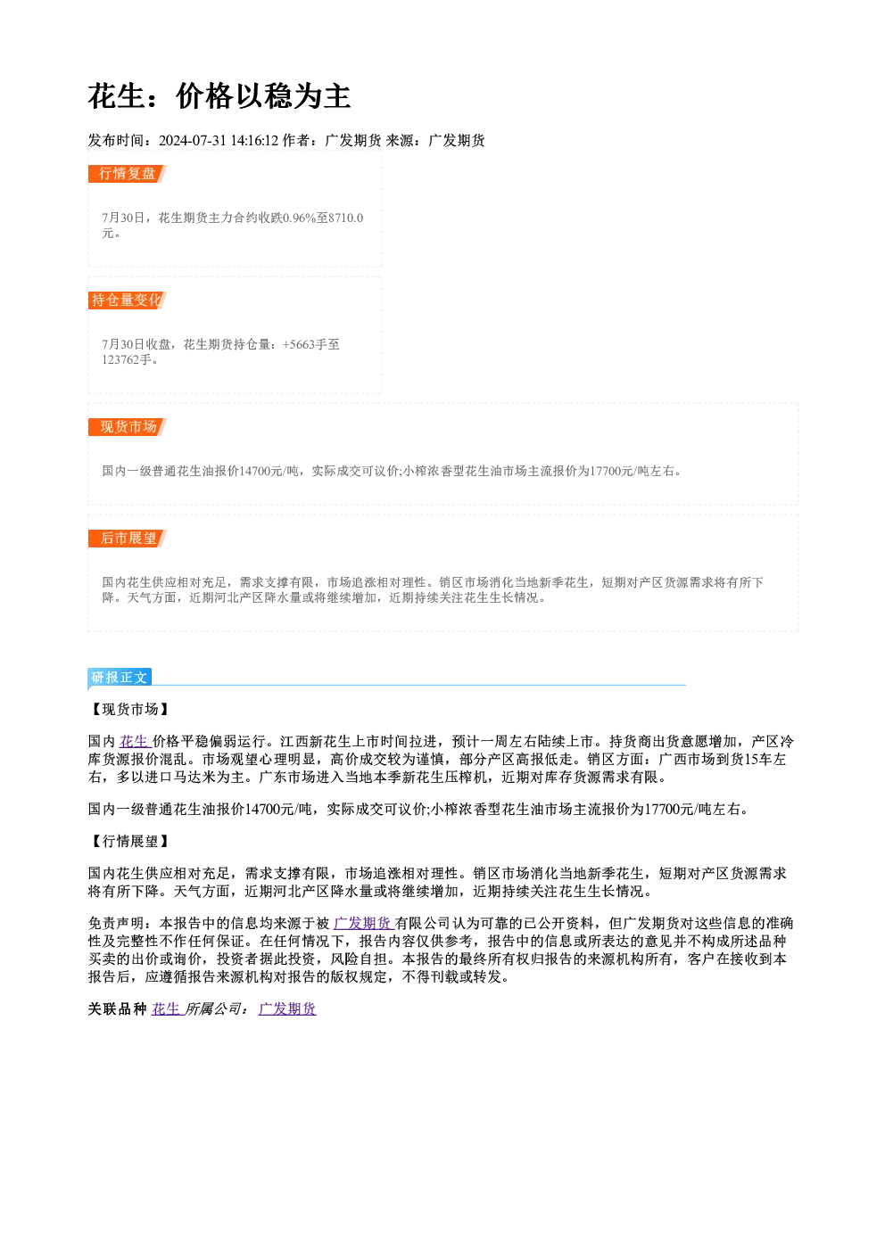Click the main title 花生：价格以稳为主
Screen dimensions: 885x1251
[x=219, y=96]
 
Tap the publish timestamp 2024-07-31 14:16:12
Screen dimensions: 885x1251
[x=219, y=140]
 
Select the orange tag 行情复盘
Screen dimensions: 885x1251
[x=128, y=174]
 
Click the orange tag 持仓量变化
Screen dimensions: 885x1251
[x=128, y=300]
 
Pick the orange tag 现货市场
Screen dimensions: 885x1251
[x=128, y=427]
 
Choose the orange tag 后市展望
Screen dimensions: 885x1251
[x=128, y=539]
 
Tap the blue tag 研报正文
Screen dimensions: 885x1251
[x=120, y=678]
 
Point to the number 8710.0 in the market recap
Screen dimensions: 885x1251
[x=346, y=218]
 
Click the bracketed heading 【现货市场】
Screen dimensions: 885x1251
[x=130, y=709]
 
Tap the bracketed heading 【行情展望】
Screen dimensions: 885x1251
[x=130, y=841]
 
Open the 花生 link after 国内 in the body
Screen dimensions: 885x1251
[x=136, y=741]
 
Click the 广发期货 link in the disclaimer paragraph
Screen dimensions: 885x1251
[x=363, y=923]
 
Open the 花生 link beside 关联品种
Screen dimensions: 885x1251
[x=167, y=1008]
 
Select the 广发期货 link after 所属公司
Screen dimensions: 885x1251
[x=287, y=1008]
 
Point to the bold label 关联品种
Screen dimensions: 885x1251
[x=118, y=1008]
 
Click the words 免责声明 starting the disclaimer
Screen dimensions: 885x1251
[x=117, y=923]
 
